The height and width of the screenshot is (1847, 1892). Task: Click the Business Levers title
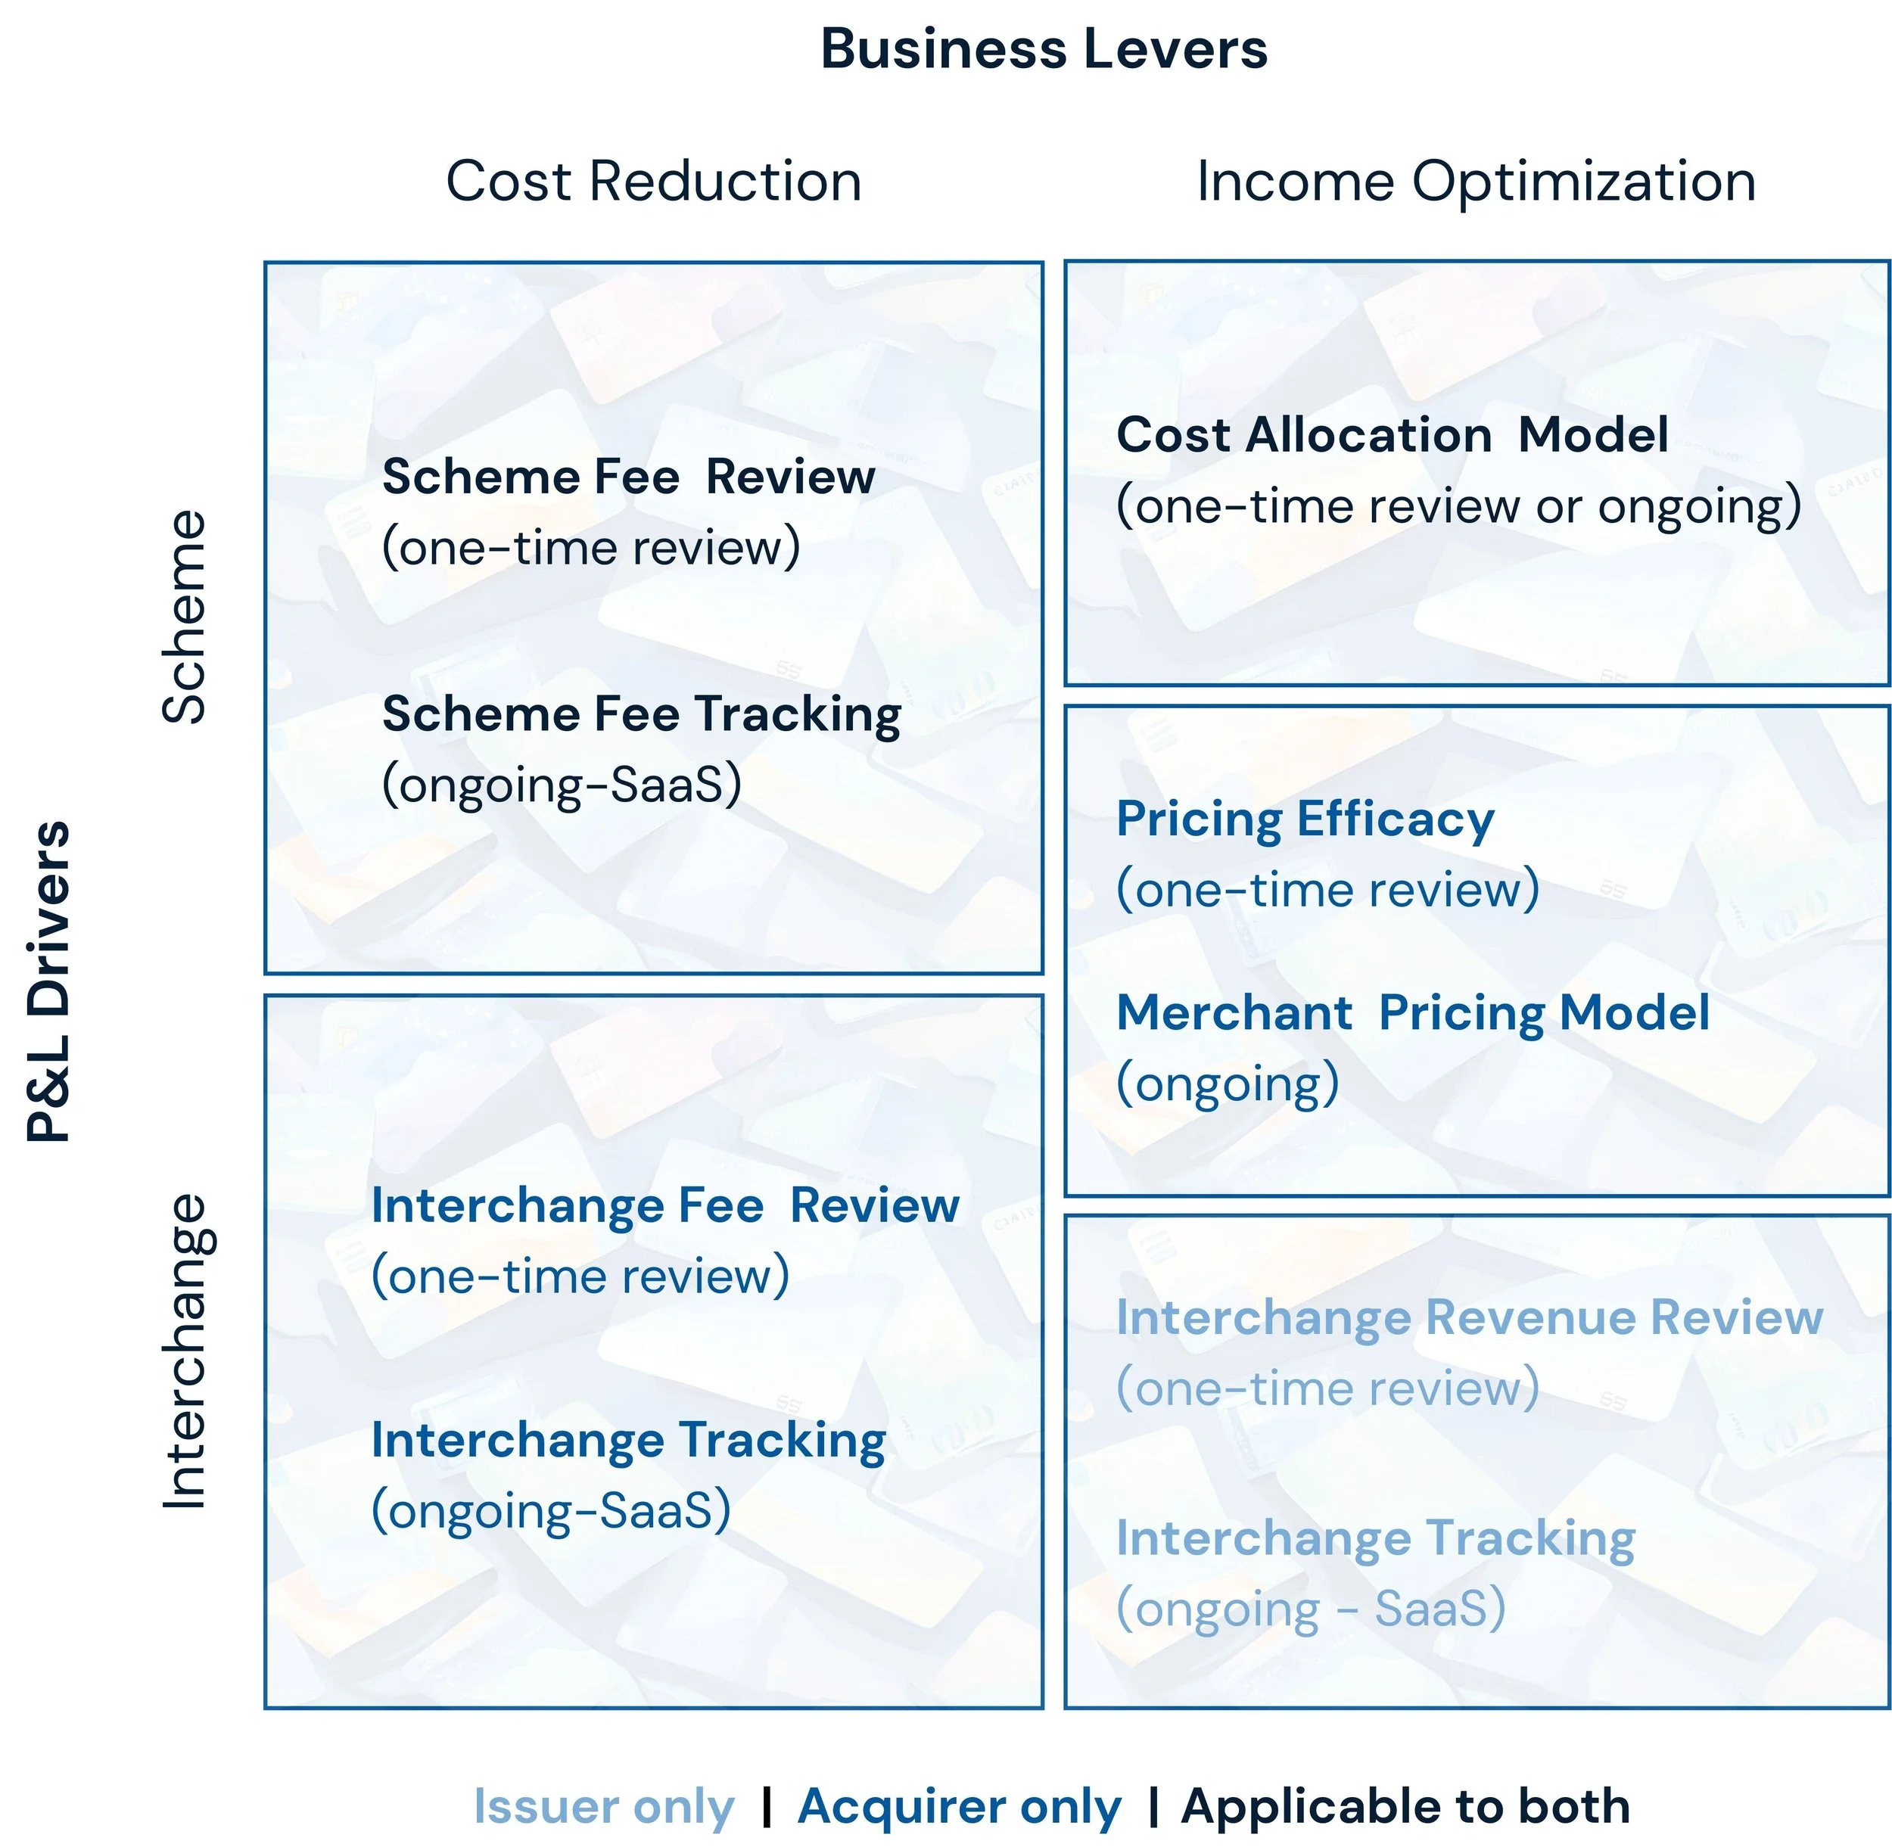pyautogui.click(x=1043, y=48)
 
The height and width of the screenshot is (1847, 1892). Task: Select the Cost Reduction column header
pyautogui.click(x=653, y=182)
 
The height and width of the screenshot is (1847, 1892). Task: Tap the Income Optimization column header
pyautogui.click(x=1476, y=182)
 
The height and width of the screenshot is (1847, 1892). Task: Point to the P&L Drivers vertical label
pyautogui.click(x=48, y=981)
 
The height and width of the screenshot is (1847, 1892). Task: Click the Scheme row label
pyautogui.click(x=185, y=617)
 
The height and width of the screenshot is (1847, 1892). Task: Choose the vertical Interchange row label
pyautogui.click(x=185, y=1351)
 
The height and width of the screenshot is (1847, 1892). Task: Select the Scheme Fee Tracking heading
pyautogui.click(x=641, y=715)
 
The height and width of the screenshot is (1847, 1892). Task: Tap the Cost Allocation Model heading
pyautogui.click(x=1393, y=434)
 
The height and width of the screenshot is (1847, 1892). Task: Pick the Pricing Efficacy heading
pyautogui.click(x=1305, y=819)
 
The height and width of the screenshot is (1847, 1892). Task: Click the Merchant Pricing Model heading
pyautogui.click(x=1413, y=1012)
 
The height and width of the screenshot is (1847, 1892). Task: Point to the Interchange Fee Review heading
pyautogui.click(x=665, y=1206)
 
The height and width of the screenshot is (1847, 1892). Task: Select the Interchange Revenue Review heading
pyautogui.click(x=1469, y=1317)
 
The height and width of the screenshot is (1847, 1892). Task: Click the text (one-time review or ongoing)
pyautogui.click(x=1458, y=506)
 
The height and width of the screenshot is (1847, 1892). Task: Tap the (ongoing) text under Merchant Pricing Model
pyautogui.click(x=1228, y=1084)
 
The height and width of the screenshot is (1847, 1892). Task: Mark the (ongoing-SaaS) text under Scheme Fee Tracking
pyautogui.click(x=562, y=784)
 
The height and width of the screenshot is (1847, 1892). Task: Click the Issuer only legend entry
pyautogui.click(x=603, y=1806)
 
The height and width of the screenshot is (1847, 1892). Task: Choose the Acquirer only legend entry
pyautogui.click(x=959, y=1806)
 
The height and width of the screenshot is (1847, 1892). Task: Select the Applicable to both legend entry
pyautogui.click(x=1405, y=1806)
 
